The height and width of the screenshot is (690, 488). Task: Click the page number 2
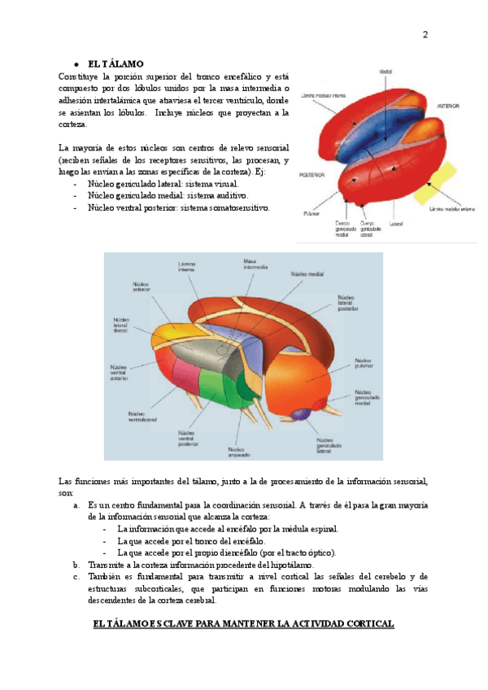[x=425, y=35]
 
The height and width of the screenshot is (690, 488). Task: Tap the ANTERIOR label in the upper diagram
[x=449, y=106]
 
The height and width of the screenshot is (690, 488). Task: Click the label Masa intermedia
[x=250, y=264]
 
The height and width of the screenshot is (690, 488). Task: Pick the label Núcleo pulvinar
[x=366, y=363]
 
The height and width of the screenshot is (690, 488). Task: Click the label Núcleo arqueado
[x=239, y=452]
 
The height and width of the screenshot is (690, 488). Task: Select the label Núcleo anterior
[x=140, y=288]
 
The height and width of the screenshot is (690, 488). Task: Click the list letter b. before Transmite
[x=76, y=565]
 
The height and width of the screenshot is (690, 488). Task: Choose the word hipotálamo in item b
[x=290, y=565]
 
